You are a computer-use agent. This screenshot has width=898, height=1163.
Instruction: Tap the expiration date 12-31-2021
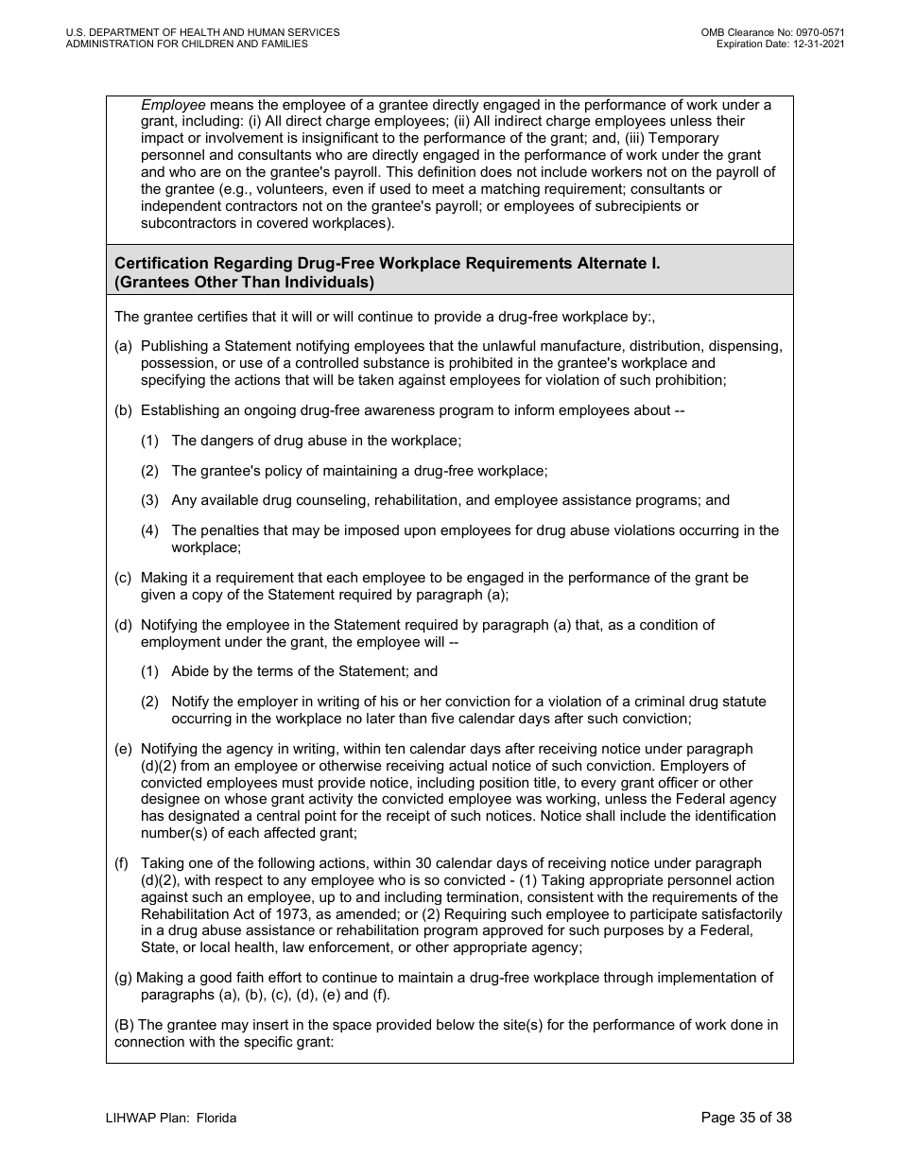tap(814, 43)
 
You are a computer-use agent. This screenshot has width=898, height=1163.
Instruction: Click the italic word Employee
tap(173, 105)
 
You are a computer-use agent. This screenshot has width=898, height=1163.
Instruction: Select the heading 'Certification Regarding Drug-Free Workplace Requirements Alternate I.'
tap(387, 264)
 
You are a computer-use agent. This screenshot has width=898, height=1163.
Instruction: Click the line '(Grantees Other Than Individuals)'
tap(244, 282)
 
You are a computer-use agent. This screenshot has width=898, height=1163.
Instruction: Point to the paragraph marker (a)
tap(123, 347)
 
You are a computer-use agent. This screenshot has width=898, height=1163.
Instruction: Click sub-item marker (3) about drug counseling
tap(150, 500)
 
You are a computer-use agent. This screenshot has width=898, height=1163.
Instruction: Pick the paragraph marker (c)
tap(123, 578)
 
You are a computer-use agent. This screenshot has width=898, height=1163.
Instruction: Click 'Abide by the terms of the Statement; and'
tap(304, 671)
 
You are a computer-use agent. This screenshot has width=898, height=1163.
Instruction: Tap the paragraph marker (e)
tap(123, 749)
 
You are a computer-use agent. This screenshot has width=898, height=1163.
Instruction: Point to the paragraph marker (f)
tap(121, 863)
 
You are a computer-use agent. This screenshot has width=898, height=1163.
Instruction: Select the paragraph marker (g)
tap(123, 978)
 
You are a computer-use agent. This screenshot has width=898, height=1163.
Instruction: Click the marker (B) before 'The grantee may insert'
tap(124, 1025)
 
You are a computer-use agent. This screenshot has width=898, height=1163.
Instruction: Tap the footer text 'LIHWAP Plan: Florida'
tap(171, 1119)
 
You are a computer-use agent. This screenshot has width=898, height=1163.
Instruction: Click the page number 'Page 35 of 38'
tap(746, 1118)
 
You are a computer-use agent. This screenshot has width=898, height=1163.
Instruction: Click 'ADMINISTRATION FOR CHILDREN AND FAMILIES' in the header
tap(186, 43)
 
